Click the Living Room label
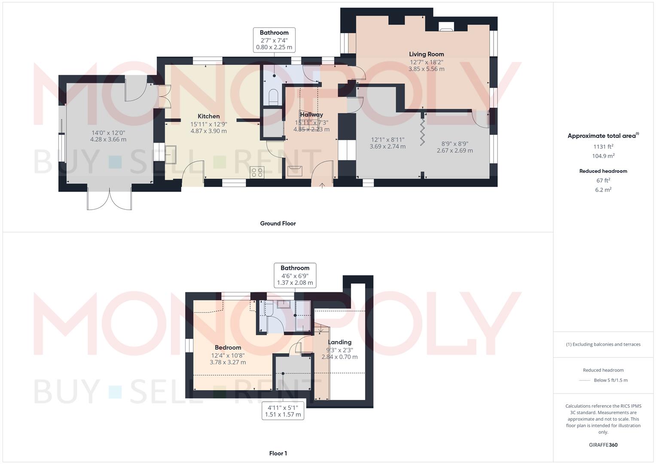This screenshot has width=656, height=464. point(426,54)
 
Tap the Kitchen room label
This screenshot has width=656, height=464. point(209,116)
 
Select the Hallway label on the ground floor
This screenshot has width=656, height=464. point(311,115)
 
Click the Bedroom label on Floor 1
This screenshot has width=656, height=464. point(228,348)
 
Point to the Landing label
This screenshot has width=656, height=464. point(339,342)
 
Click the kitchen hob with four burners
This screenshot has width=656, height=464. point(257,172)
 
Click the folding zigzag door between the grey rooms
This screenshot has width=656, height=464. point(423,131)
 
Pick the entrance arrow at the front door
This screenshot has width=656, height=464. point(322,185)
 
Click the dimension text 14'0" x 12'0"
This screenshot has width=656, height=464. point(108,132)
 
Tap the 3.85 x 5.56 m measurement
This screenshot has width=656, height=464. point(426,69)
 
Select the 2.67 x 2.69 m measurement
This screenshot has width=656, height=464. point(455,150)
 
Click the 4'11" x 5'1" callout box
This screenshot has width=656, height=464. point(283,411)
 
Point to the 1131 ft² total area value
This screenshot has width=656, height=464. point(603,146)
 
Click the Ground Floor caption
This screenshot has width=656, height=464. point(278,223)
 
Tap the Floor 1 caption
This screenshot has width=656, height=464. point(278,453)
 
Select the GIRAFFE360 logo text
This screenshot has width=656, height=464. point(603,445)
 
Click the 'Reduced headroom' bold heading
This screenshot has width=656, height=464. point(603,171)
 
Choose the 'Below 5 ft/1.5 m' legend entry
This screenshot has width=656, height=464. point(610,380)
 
